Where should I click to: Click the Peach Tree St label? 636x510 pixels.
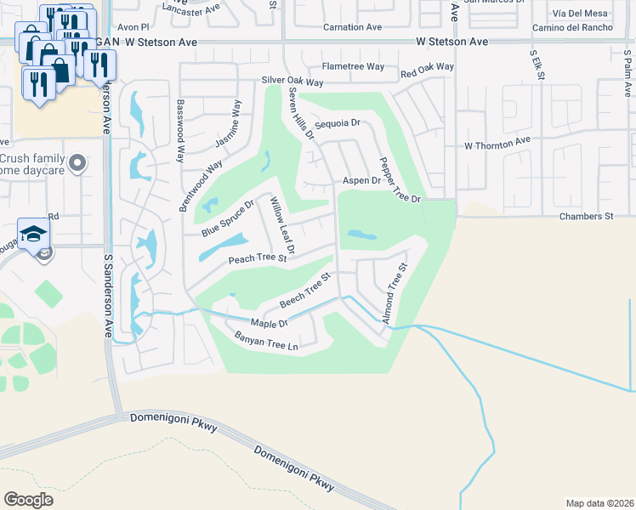tap(256, 258)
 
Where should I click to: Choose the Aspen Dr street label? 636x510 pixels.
tap(361, 181)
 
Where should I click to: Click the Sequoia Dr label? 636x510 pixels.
tap(338, 124)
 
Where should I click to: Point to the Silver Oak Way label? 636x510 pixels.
tap(292, 82)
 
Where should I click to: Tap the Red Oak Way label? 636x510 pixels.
tap(427, 67)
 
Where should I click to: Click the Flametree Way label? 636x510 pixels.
tap(353, 66)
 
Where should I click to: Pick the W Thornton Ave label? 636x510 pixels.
tap(497, 144)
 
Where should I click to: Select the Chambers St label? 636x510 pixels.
tap(586, 217)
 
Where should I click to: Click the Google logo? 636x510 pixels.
tap(28, 499)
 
